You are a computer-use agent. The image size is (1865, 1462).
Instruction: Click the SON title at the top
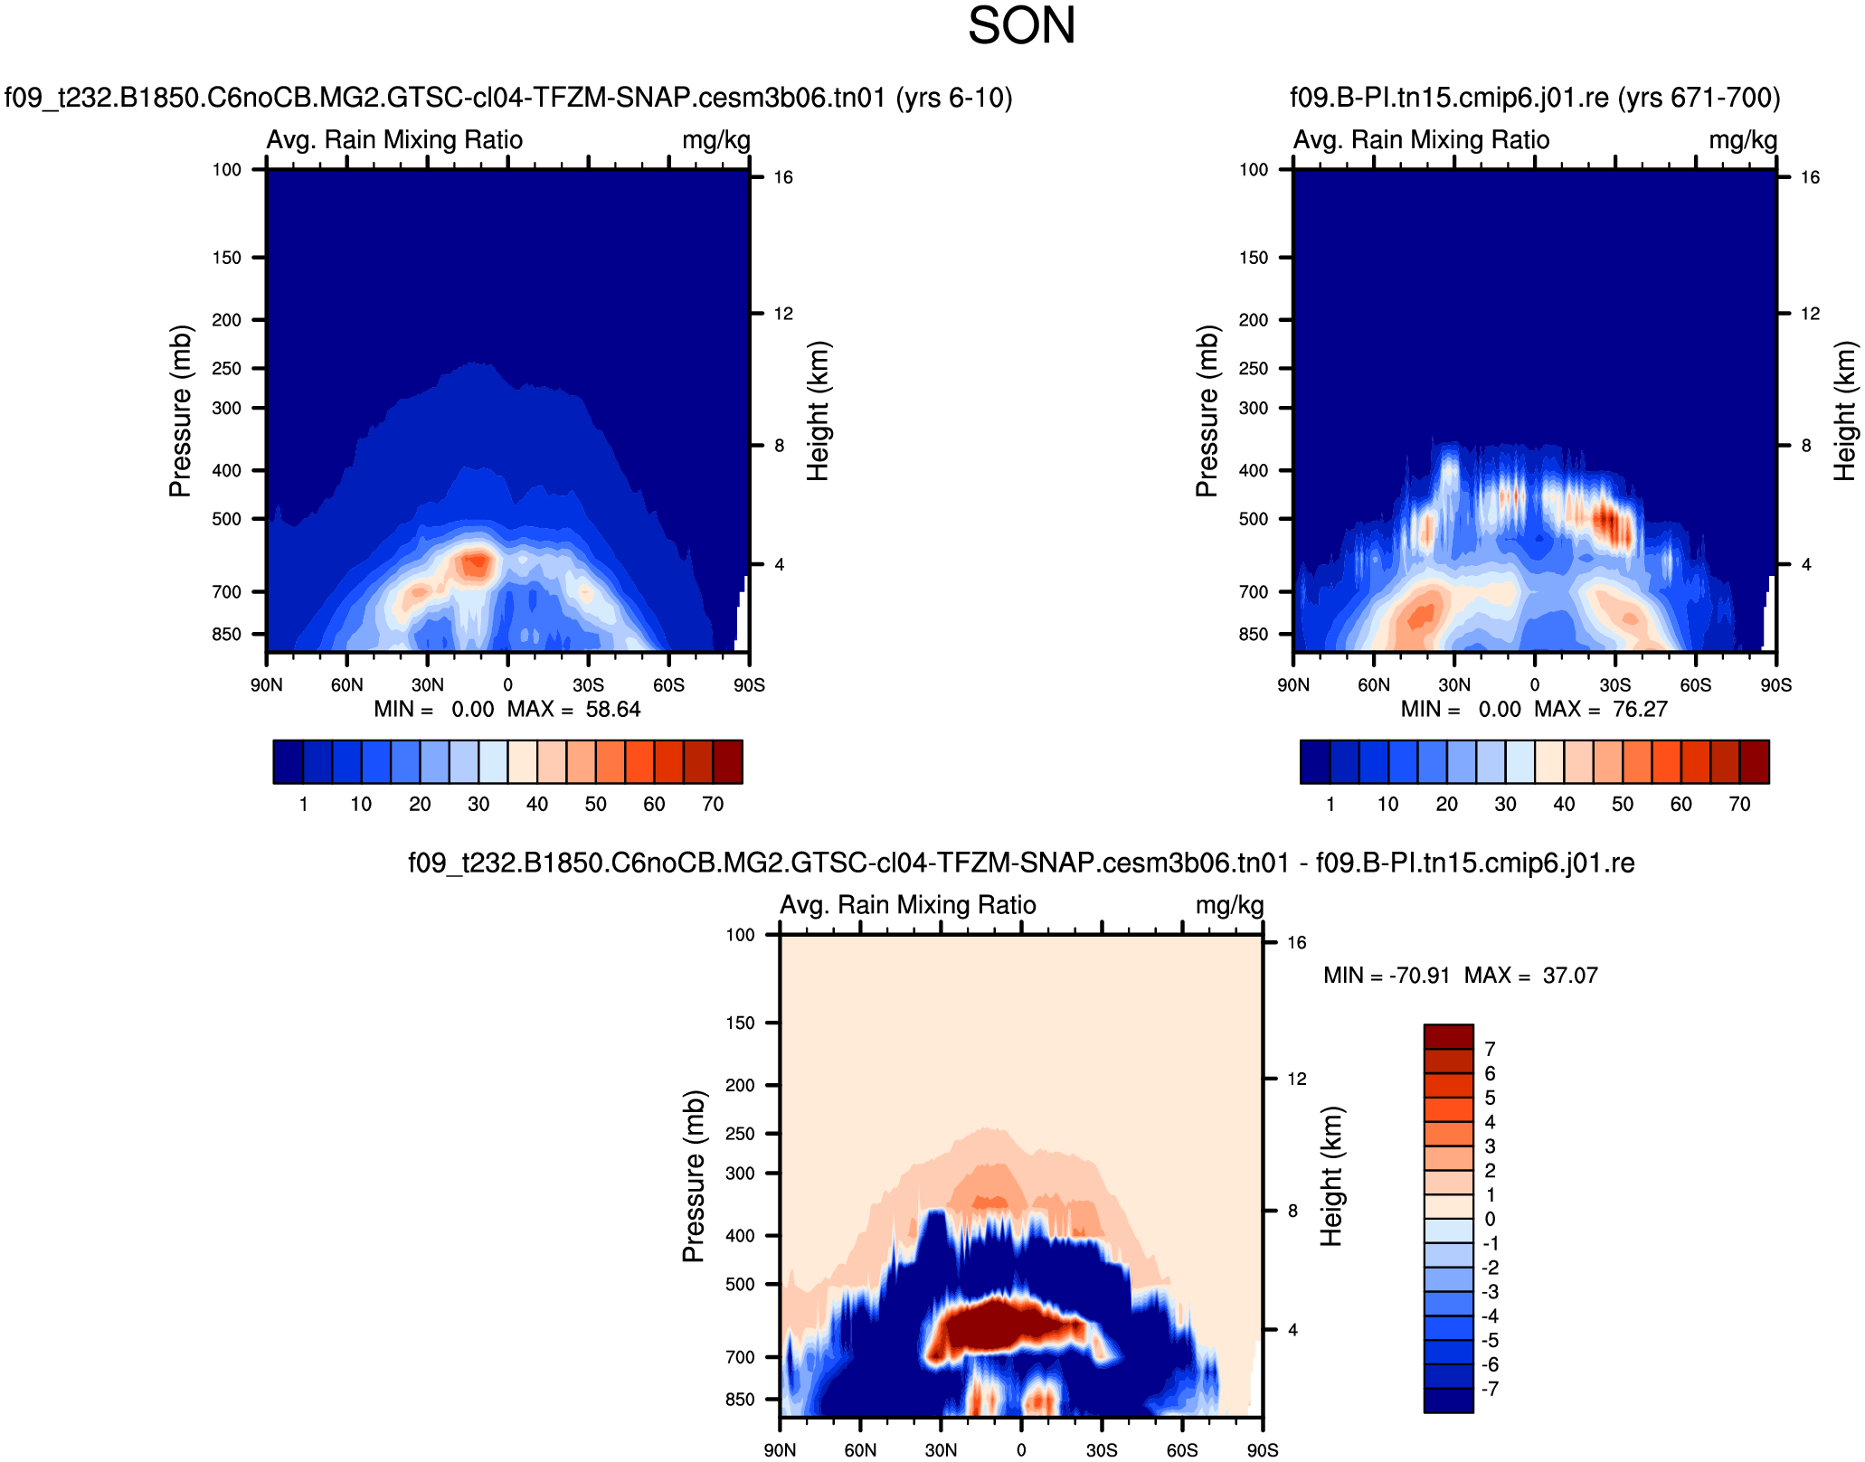1021,25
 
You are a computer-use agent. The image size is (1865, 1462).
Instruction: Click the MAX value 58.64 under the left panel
612,710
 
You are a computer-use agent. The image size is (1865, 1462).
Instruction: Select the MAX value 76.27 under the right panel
1639,710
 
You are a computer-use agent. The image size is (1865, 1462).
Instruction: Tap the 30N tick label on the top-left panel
427,685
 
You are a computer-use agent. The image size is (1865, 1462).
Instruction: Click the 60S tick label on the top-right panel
1695,685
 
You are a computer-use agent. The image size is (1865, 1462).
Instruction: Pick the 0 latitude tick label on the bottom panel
1021,1450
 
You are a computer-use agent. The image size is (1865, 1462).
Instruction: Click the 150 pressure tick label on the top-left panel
227,258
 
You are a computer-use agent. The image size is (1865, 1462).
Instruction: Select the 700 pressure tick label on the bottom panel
740,1357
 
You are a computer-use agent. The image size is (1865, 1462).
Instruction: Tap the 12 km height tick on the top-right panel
1810,314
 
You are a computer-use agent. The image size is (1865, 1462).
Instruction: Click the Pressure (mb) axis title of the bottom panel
694,1175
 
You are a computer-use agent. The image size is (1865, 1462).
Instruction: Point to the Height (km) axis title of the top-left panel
818,411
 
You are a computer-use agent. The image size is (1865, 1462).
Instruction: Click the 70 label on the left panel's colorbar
713,805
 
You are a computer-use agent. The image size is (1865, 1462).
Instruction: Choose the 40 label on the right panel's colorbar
1564,805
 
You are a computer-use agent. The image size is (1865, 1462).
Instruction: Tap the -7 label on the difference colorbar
1490,1389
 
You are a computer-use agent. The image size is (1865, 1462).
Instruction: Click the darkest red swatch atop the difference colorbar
1448,1036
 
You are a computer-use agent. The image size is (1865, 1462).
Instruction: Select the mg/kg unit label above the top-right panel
1743,140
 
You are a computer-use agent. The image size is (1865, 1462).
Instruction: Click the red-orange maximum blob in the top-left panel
475,564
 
